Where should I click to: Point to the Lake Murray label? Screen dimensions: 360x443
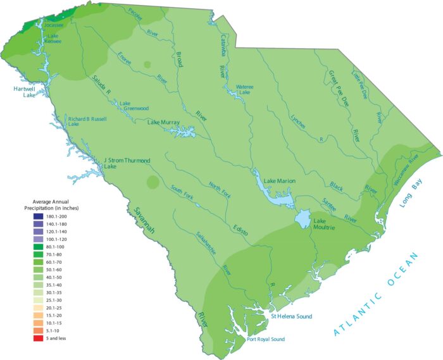click(x=164, y=122)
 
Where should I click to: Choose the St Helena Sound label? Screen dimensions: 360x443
click(x=291, y=316)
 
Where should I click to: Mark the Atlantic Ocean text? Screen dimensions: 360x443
click(x=376, y=293)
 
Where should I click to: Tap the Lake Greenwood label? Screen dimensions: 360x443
click(x=134, y=106)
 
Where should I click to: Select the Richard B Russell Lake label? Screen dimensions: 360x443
click(x=87, y=121)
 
